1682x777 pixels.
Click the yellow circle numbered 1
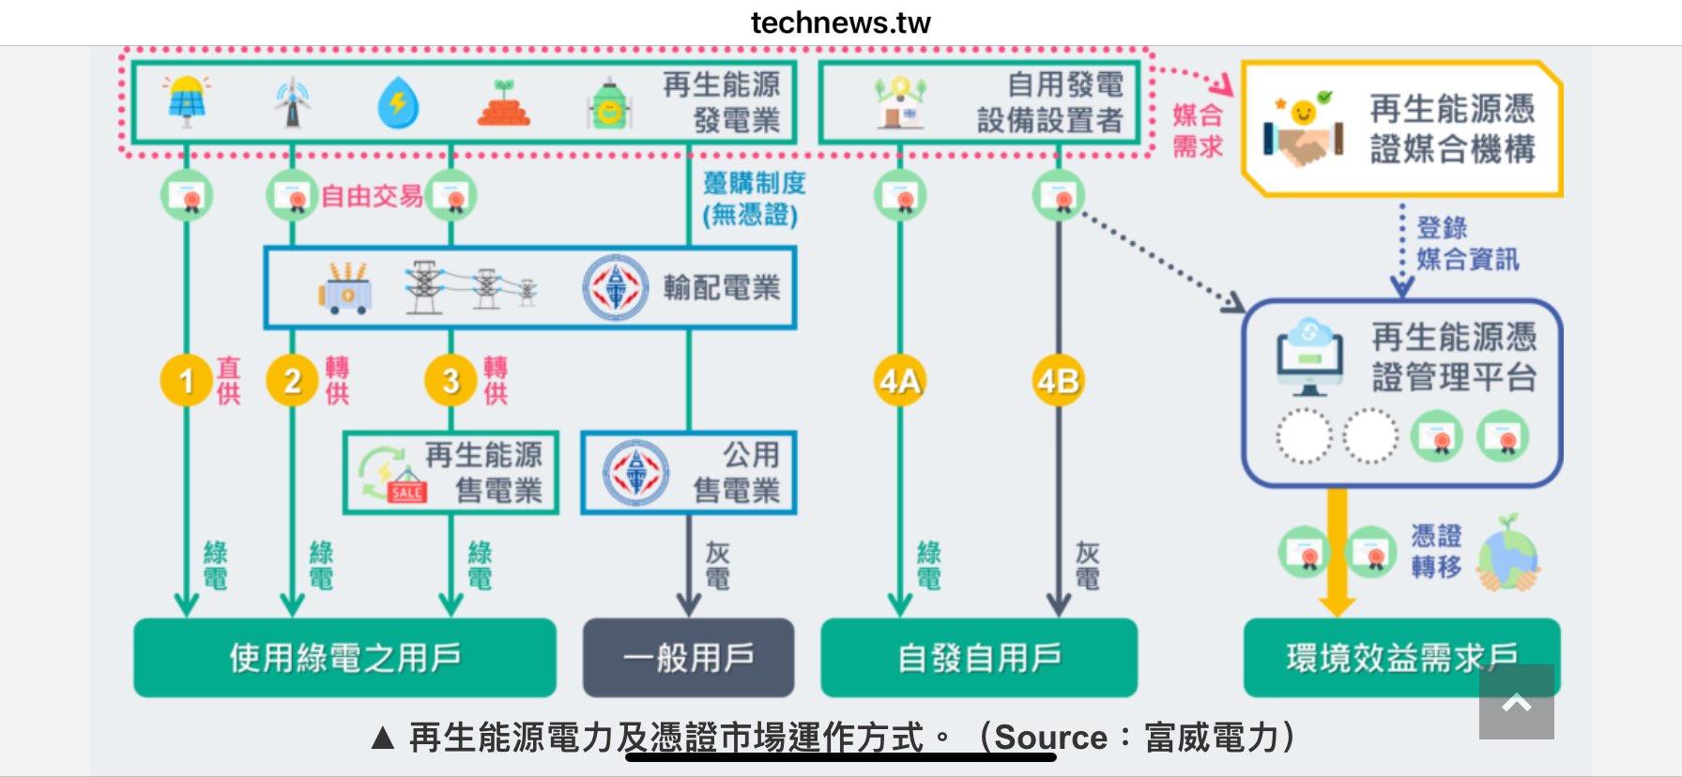tap(186, 380)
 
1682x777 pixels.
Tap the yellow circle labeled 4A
tap(898, 380)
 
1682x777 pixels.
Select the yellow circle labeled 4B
tap(1058, 380)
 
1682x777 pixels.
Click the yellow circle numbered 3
tap(451, 380)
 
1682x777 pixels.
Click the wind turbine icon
tap(292, 102)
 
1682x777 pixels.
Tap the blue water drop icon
tap(398, 102)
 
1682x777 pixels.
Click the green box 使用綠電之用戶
tap(344, 658)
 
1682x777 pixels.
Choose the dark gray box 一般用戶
tap(688, 658)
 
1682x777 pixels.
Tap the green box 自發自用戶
tap(979, 658)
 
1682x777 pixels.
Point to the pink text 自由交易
tap(372, 196)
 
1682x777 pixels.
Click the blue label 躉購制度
tap(754, 183)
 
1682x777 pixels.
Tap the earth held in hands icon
tap(1507, 554)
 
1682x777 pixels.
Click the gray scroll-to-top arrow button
tap(1516, 702)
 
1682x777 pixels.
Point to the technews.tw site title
tap(840, 23)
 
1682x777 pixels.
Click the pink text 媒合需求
tap(1197, 130)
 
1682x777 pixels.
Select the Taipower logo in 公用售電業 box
tap(635, 472)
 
